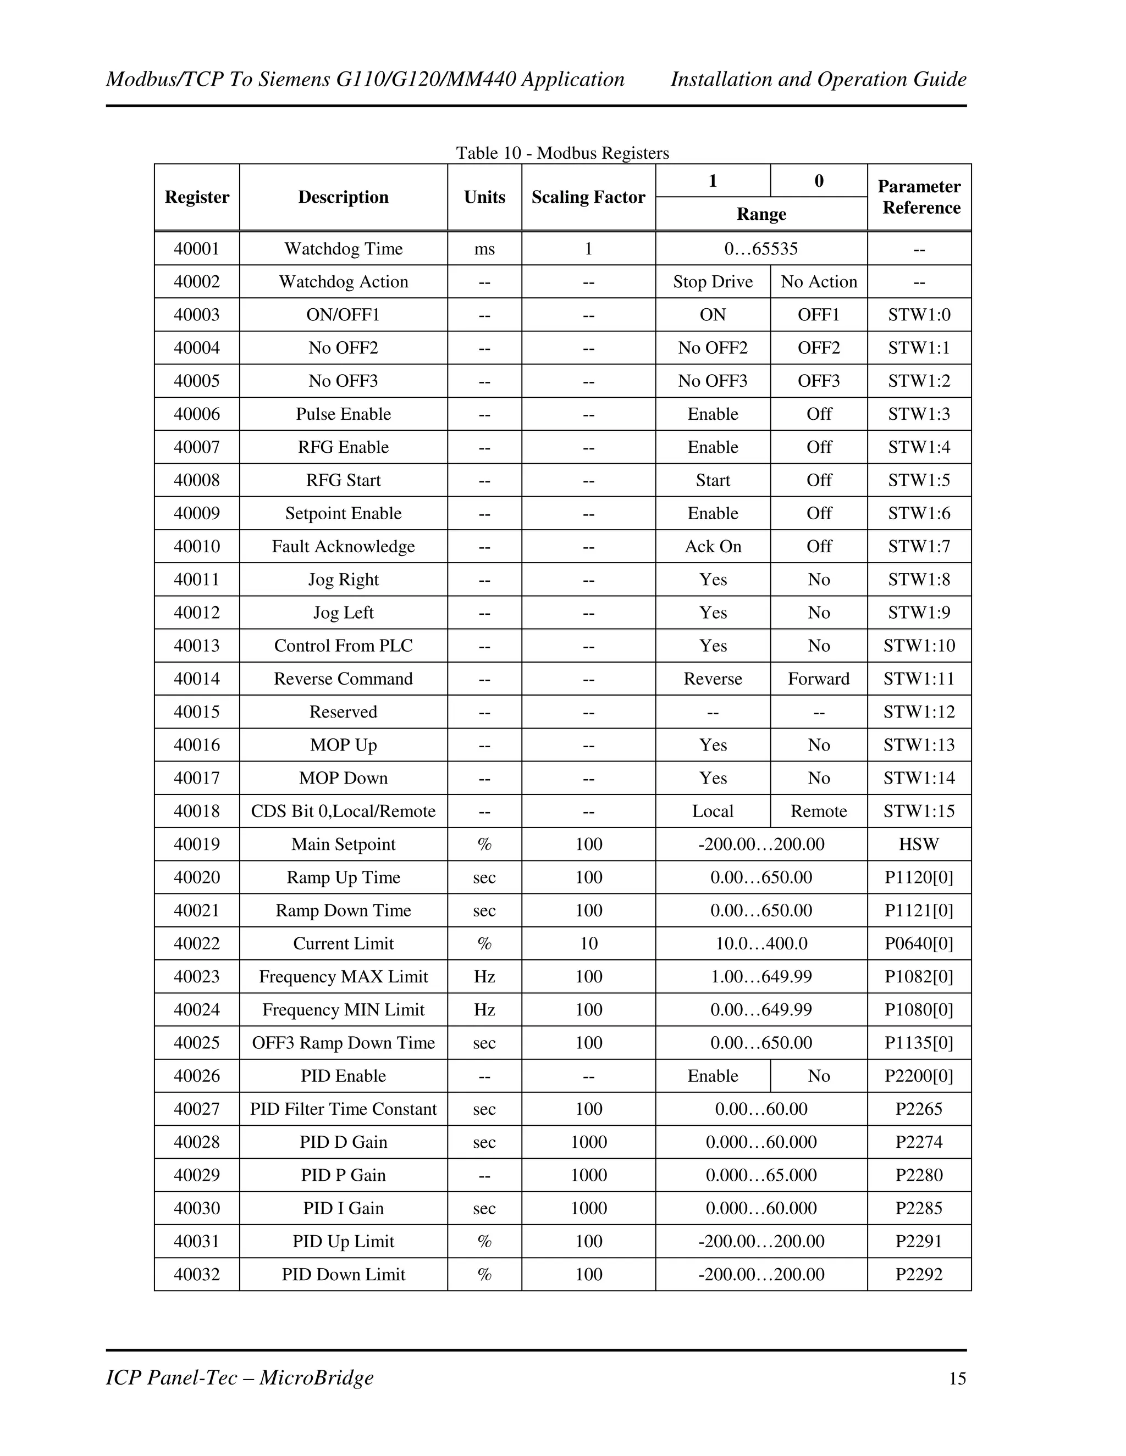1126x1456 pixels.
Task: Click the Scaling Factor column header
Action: click(x=588, y=197)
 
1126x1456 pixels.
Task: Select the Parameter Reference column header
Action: click(x=919, y=197)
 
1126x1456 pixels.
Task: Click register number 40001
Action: click(x=197, y=249)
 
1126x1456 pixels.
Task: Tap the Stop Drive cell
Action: click(x=713, y=282)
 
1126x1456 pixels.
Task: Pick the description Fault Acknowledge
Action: click(x=343, y=547)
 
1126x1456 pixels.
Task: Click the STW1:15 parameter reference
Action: click(x=919, y=812)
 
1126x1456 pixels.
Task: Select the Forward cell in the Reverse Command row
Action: click(x=819, y=679)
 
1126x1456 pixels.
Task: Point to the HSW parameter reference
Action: click(x=919, y=844)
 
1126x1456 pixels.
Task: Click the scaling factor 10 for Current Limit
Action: click(x=588, y=944)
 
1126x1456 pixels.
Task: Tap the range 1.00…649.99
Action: click(x=761, y=977)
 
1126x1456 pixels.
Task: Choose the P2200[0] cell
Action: click(x=919, y=1076)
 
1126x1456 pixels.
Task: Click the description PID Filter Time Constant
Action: click(x=343, y=1109)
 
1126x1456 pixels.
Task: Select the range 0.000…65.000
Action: click(x=761, y=1175)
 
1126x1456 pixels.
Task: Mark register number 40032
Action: click(x=197, y=1275)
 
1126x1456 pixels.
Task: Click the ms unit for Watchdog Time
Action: click(x=484, y=249)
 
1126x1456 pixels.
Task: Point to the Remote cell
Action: click(x=819, y=812)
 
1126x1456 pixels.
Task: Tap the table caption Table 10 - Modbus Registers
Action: click(x=562, y=153)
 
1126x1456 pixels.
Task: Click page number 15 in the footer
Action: click(x=957, y=1379)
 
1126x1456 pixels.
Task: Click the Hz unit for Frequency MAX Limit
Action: click(x=484, y=977)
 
